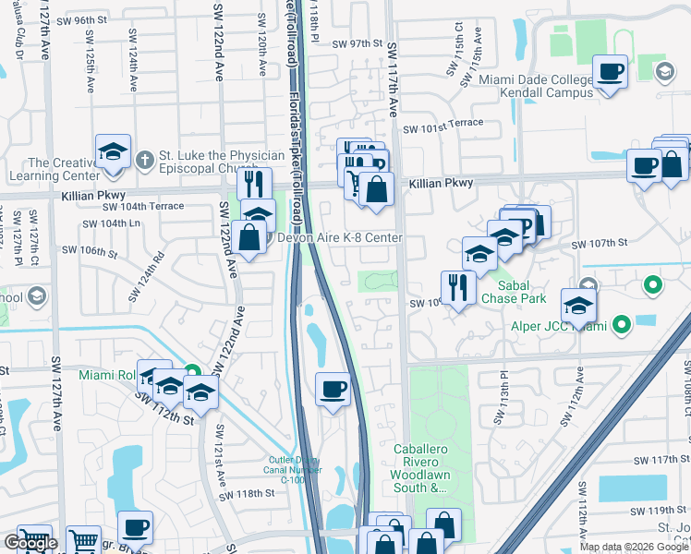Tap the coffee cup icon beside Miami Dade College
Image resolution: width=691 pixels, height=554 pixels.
pyautogui.click(x=611, y=72)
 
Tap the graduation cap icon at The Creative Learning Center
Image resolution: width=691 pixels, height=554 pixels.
pyautogui.click(x=113, y=152)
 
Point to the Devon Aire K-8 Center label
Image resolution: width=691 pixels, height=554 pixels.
pyautogui.click(x=341, y=238)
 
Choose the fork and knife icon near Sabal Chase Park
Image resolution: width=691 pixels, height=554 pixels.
pyautogui.click(x=456, y=288)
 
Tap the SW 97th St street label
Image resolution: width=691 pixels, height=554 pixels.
pyautogui.click(x=358, y=42)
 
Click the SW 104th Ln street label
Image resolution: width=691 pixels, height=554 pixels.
pyautogui.click(x=108, y=223)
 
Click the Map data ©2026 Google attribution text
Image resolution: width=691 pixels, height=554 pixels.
pyautogui.click(x=634, y=547)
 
